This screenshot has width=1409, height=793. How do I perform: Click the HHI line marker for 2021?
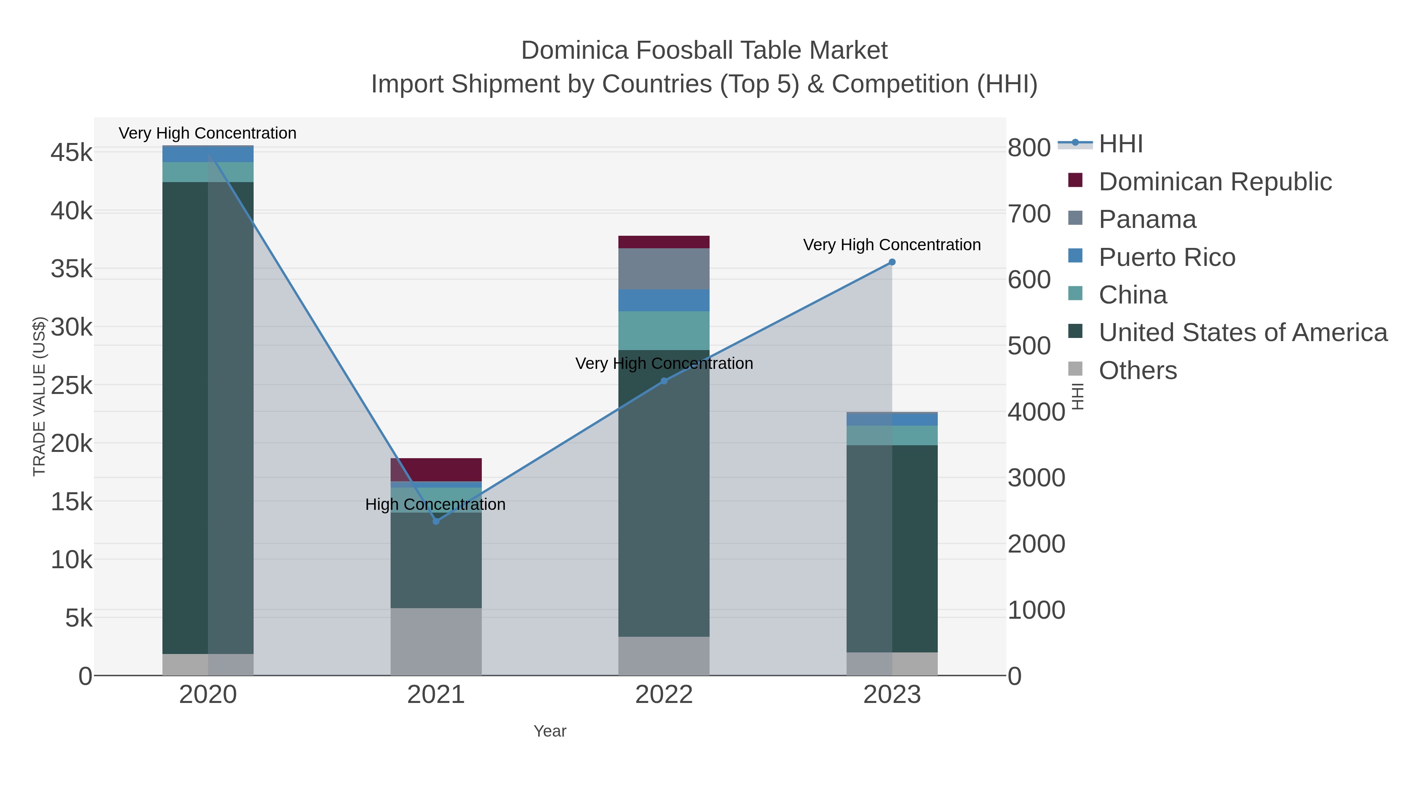(x=436, y=521)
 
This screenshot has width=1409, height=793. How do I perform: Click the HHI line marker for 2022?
(x=664, y=381)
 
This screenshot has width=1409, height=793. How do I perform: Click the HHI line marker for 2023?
(x=892, y=262)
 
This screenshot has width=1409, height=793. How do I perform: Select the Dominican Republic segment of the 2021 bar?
(x=436, y=470)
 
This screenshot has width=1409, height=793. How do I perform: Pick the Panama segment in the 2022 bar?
(x=664, y=269)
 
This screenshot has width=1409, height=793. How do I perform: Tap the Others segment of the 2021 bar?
(x=436, y=641)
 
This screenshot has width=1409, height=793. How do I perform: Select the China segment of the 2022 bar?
(x=664, y=331)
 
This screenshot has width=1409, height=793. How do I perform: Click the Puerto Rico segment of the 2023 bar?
(x=892, y=419)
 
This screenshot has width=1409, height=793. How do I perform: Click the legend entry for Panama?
(x=1148, y=219)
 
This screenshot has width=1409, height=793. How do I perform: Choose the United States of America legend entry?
(x=1243, y=333)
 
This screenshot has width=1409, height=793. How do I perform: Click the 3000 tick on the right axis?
(x=1036, y=478)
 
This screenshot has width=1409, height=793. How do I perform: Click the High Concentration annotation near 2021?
(x=435, y=504)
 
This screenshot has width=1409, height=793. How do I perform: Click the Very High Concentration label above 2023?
(x=892, y=245)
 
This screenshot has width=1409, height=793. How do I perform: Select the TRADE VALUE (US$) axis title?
(x=40, y=396)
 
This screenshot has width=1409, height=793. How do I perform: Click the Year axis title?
(x=550, y=731)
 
